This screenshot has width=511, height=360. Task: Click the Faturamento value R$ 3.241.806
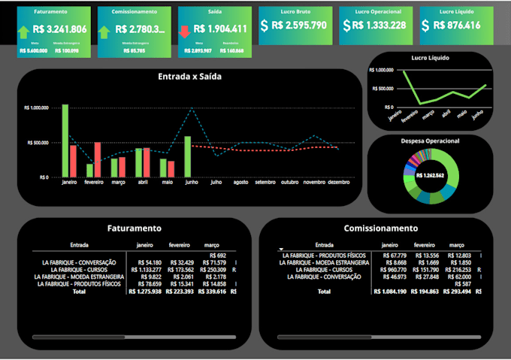pyautogui.click(x=60, y=29)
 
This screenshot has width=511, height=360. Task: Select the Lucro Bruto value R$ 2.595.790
pyautogui.click(x=298, y=26)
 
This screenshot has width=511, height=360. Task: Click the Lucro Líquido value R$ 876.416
pyautogui.click(x=461, y=26)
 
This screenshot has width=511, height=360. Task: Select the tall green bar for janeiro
pyautogui.click(x=65, y=141)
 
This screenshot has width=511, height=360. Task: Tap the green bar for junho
pyautogui.click(x=187, y=156)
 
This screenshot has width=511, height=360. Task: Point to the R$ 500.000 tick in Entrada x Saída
pyautogui.click(x=38, y=142)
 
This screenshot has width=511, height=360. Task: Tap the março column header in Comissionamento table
pyautogui.click(x=456, y=245)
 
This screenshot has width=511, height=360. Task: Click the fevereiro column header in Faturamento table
pyautogui.click(x=179, y=245)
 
